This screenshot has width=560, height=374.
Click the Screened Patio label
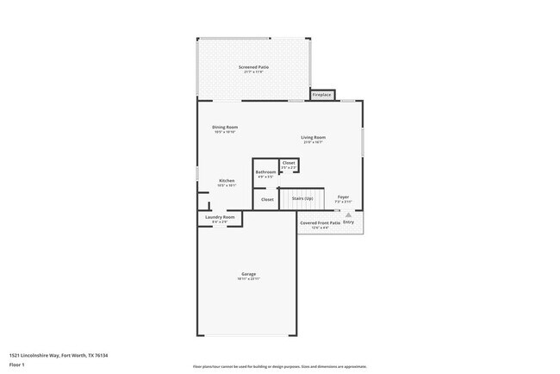pos(253,66)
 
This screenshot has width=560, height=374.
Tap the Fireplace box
pos(322,95)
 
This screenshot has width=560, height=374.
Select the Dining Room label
pos(225,128)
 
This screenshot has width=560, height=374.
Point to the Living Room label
pos(313,137)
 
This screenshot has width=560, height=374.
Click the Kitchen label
pos(227,180)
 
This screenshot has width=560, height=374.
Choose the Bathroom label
pos(265,171)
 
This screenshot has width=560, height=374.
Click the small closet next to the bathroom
pos(289,163)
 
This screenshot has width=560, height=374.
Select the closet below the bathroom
pos(267,199)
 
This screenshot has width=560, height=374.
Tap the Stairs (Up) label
pos(302,199)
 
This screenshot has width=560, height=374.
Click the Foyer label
pos(343,197)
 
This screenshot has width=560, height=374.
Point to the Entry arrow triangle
pos(349,215)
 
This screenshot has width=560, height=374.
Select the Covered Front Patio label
pos(320,222)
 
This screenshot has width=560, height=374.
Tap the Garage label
pos(248,274)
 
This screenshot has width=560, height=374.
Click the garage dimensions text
pos(248,279)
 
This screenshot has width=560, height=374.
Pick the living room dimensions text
pos(313,142)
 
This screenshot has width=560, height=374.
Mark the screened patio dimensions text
pos(253,72)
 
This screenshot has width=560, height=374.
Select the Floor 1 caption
pos(17,365)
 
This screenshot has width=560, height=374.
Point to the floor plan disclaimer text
pos(279,367)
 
